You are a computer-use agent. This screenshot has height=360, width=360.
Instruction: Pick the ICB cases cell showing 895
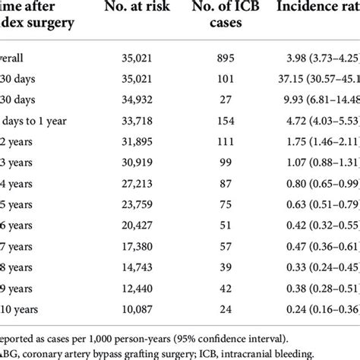tap(235, 58)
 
